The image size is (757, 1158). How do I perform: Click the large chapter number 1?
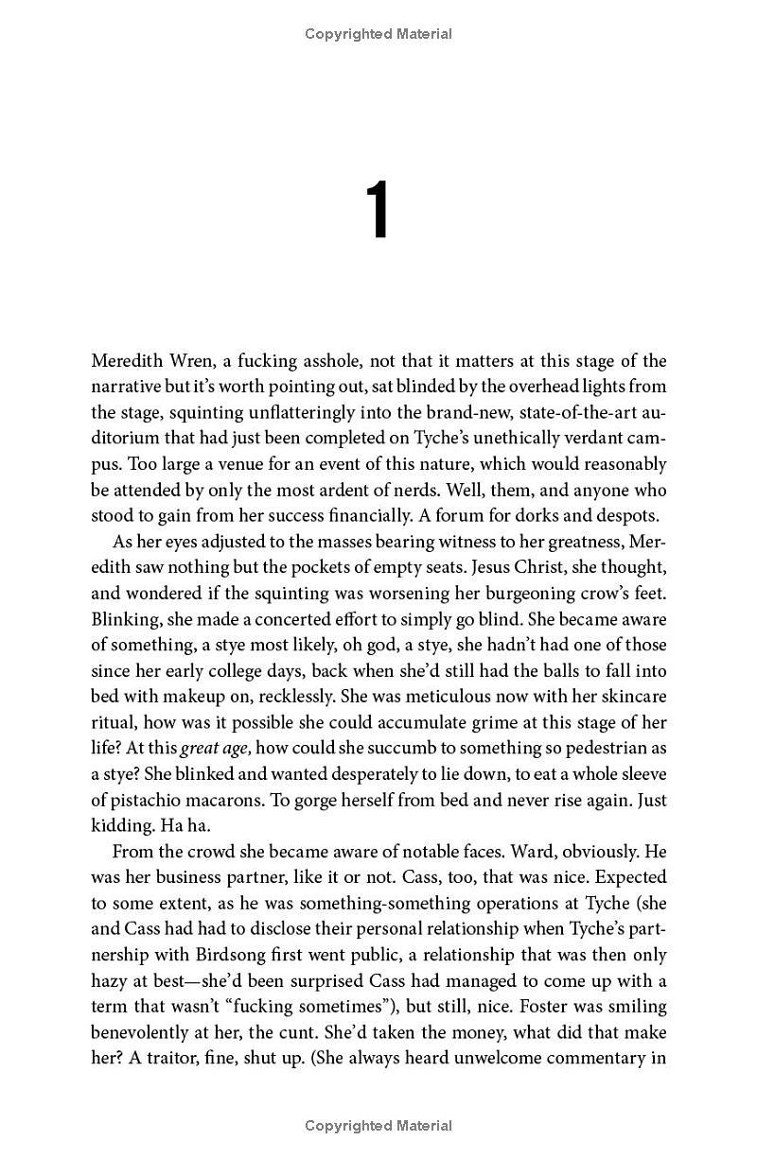378,212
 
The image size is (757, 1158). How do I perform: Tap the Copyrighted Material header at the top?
378,34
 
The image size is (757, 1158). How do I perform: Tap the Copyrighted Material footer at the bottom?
378,1125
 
